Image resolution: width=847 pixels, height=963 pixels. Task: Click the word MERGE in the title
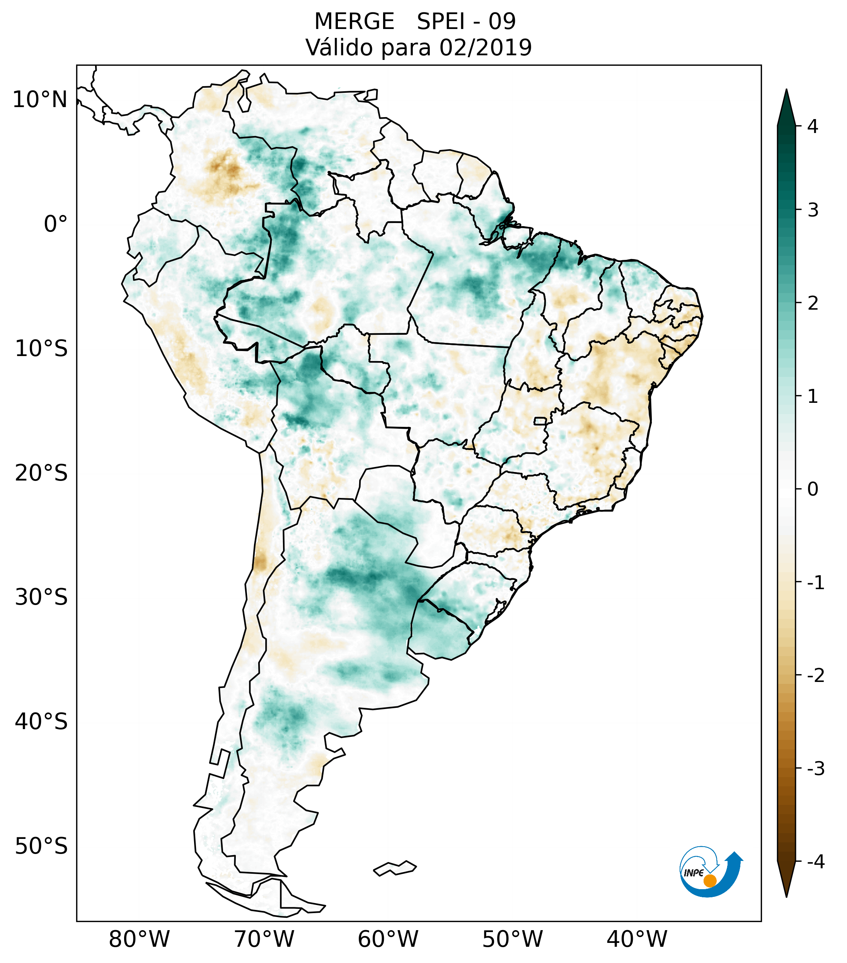(354, 22)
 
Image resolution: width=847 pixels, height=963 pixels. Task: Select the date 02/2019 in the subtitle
(486, 48)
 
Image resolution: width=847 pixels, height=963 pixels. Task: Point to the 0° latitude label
(56, 224)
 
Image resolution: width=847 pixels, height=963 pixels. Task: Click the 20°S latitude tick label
(41, 473)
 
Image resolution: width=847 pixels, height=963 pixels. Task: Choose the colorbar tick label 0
(813, 489)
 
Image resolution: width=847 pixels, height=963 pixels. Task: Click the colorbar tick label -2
(815, 676)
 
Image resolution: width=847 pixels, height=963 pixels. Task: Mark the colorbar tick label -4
(815, 862)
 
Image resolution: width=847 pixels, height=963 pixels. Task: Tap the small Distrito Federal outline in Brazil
(540, 420)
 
